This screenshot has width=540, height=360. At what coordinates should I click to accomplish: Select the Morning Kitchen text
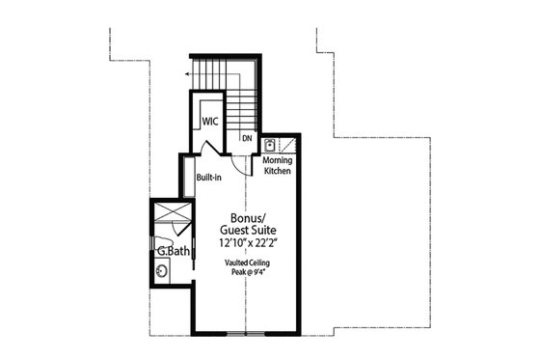tap(278, 166)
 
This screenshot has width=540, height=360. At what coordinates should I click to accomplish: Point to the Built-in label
tap(210, 179)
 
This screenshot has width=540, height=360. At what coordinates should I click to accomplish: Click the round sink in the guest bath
tap(161, 271)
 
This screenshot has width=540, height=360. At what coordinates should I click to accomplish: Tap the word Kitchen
tap(278, 172)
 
